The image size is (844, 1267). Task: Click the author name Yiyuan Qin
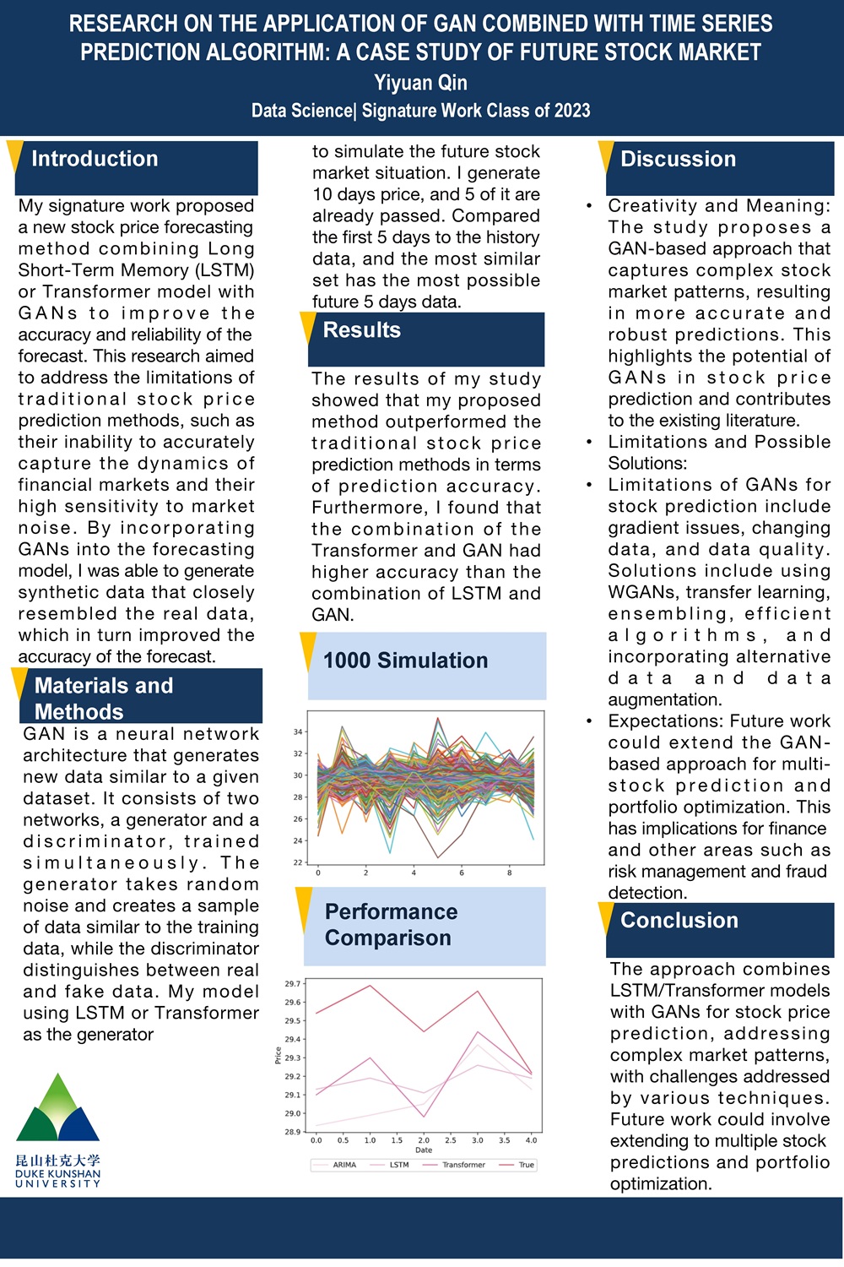[x=420, y=83]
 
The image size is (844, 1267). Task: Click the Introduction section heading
[x=95, y=159]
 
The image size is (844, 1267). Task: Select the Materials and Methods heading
[x=103, y=699]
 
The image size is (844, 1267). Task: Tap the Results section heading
[x=361, y=330]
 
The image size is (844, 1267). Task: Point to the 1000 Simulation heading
[x=405, y=661]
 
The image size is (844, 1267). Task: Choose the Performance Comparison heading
[x=391, y=925]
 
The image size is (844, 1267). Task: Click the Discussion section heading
[x=678, y=159]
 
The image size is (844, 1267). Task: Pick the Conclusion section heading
[x=679, y=921]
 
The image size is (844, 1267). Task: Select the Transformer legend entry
[x=463, y=1165]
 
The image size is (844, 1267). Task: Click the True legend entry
[x=526, y=1165]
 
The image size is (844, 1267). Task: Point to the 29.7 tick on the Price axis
[x=292, y=984]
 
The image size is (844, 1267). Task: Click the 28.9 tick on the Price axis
[x=292, y=1132]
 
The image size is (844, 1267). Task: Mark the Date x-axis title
[x=424, y=1150]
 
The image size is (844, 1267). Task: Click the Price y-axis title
[x=278, y=1055]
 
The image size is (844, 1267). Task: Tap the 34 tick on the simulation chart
[x=298, y=731]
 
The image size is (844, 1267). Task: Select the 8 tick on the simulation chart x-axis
[x=509, y=873]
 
